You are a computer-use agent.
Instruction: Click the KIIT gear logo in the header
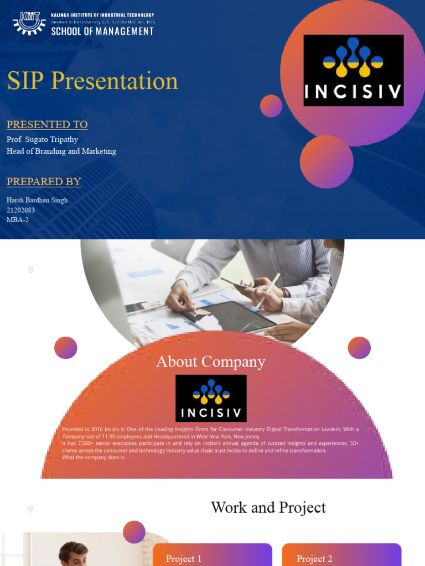point(29,23)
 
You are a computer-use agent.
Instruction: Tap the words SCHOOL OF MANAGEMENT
point(102,32)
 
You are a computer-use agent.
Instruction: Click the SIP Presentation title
point(92,81)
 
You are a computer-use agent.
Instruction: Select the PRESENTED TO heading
point(47,124)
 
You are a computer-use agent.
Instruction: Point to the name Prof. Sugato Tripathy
point(42,139)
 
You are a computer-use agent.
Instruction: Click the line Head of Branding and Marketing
point(61,151)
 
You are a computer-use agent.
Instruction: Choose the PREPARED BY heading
point(44,181)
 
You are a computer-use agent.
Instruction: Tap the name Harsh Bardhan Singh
point(37,200)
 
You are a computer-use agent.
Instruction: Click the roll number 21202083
point(21,210)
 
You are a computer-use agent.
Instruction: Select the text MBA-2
point(18,219)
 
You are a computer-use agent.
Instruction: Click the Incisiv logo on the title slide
point(353,70)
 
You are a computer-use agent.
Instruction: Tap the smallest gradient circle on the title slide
point(271,106)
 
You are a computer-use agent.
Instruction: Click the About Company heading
point(210,361)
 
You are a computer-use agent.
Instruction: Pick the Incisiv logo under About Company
point(211,398)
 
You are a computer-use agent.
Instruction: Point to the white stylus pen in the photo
point(268,291)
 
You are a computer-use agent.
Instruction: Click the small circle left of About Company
point(66,348)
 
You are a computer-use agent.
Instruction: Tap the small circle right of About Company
point(359,348)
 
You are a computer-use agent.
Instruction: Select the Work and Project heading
point(268,507)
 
